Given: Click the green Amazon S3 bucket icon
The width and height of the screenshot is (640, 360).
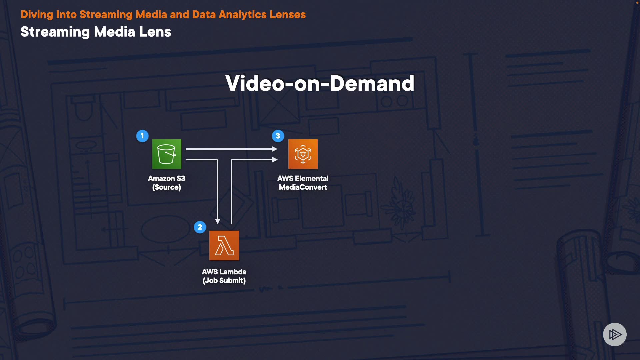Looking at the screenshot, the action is coord(167,154).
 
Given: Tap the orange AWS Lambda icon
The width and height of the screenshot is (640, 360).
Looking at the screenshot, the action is coord(224,245).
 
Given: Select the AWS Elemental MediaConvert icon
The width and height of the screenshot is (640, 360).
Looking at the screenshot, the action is coord(303,154).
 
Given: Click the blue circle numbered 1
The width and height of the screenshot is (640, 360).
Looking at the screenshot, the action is coord(142,136).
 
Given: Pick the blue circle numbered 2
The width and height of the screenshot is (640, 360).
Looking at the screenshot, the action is coord(200,227).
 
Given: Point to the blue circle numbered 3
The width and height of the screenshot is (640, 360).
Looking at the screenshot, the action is coord(278,136).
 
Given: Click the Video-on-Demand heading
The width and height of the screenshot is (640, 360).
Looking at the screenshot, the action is coord(320,83).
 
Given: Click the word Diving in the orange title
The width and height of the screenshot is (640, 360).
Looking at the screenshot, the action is coord(37,15).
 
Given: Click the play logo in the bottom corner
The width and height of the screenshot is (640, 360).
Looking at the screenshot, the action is coord(615,334).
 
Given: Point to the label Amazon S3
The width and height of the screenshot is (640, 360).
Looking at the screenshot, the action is coord(166,179).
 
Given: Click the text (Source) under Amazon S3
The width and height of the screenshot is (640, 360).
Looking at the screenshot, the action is coord(166,187).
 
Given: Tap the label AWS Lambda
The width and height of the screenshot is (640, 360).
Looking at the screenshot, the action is coord(224,272).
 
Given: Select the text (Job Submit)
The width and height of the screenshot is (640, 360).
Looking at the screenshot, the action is coord(224,281).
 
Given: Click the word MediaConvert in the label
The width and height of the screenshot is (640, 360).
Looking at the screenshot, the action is coord(303,187).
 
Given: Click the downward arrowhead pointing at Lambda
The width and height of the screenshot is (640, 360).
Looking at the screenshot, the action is coord(218,221).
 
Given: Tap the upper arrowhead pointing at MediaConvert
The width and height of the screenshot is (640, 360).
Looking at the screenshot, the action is coord(275,149).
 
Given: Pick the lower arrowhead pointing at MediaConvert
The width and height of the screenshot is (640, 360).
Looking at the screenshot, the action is coord(275,160).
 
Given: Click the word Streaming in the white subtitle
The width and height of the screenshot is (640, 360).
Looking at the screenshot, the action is coord(55,32).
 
